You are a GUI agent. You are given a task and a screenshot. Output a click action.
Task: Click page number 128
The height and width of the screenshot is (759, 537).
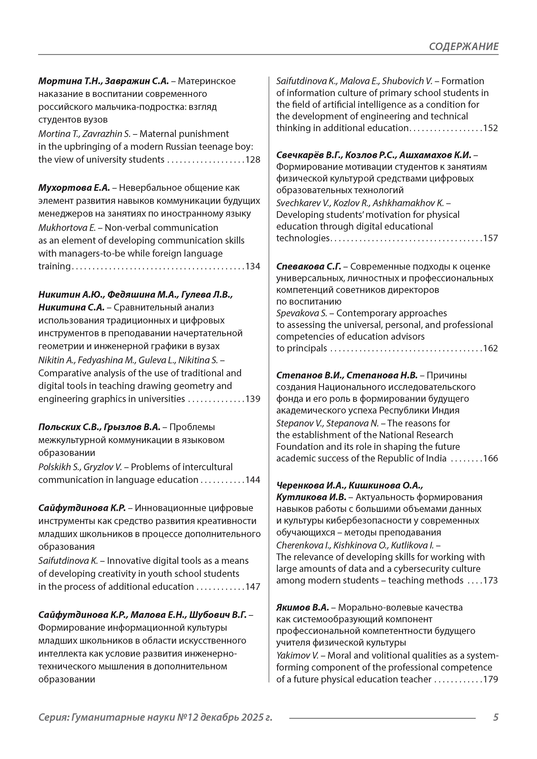point(253,160)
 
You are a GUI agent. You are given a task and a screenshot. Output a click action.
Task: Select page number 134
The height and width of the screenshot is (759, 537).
point(253,266)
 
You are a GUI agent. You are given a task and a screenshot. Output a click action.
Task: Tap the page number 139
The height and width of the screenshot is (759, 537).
point(253,399)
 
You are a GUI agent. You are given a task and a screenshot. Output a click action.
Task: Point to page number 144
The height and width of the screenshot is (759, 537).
point(253,480)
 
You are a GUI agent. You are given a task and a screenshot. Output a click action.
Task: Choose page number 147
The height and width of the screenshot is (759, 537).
point(253,587)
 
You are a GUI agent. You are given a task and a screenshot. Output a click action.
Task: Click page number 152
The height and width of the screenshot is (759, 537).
point(490,128)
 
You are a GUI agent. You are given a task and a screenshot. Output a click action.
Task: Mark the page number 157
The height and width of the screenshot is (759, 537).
point(490,238)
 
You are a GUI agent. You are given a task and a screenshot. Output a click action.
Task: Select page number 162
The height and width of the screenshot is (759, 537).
point(490,348)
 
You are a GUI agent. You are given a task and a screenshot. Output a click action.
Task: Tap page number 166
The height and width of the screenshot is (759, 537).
point(490,458)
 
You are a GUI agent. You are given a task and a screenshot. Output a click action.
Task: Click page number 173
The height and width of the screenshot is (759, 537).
point(490,581)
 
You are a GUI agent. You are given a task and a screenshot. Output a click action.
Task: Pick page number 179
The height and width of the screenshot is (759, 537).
point(490,679)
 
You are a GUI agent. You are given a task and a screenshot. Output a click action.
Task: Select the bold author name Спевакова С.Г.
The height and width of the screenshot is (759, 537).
point(308,266)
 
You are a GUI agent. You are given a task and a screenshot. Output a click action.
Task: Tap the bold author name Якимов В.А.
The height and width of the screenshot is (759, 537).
point(302,608)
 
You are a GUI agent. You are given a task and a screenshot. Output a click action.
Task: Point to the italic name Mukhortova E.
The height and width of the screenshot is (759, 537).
point(67,228)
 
